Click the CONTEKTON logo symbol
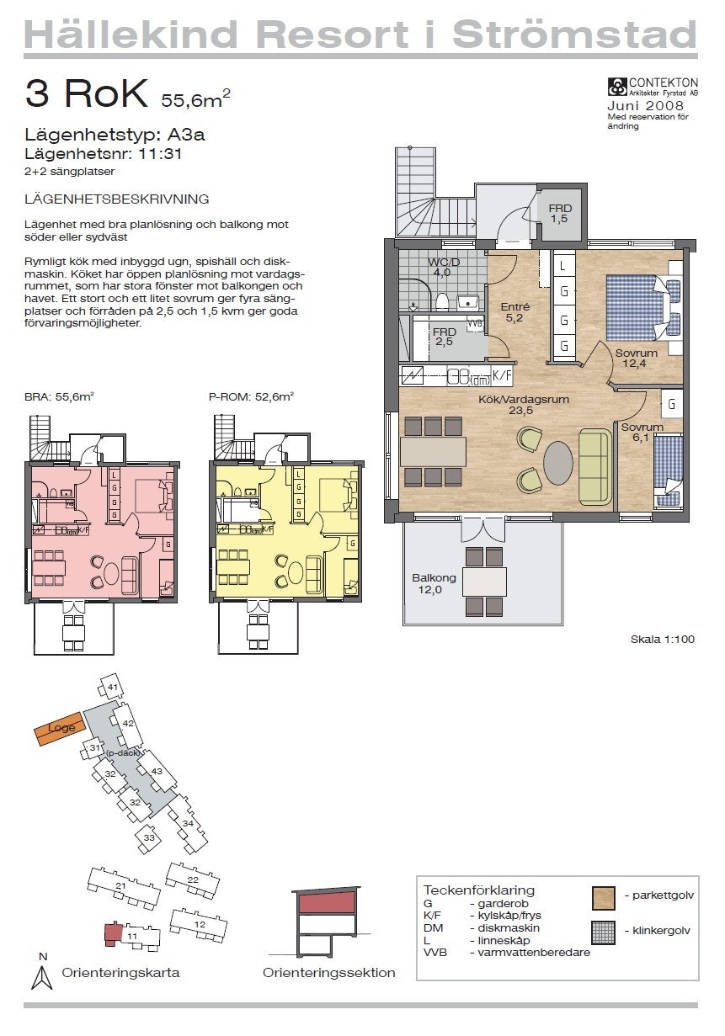click(617, 86)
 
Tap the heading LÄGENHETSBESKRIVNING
click(117, 199)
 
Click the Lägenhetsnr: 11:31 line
click(104, 154)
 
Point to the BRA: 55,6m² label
click(59, 396)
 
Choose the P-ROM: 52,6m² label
click(251, 396)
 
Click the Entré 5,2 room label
click(514, 313)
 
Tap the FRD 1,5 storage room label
click(560, 214)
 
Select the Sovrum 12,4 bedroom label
click(636, 359)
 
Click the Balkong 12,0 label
click(434, 584)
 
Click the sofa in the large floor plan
click(595, 466)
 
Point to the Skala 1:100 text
click(662, 640)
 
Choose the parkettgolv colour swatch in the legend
click(604, 897)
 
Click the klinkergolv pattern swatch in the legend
click(604, 932)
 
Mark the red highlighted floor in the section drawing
click(324, 903)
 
